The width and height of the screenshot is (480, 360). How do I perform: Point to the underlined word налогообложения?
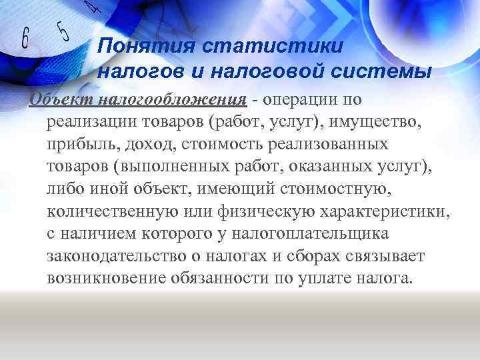pyautogui.click(x=173, y=99)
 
